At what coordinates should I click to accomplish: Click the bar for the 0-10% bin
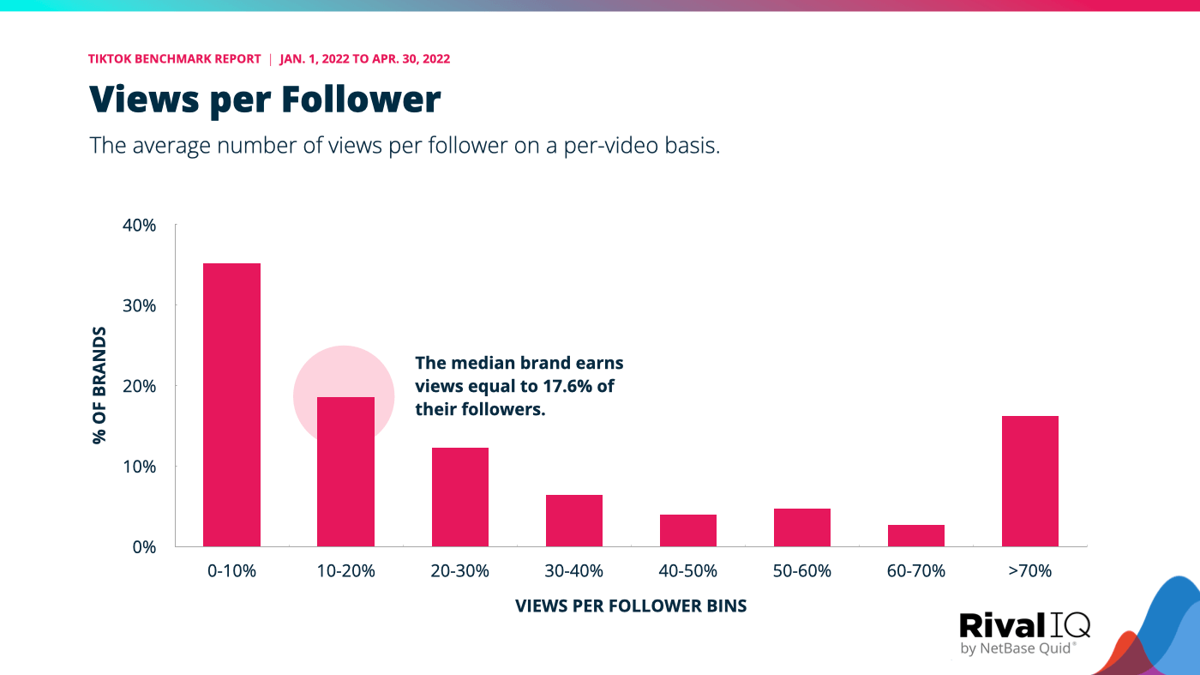click(231, 405)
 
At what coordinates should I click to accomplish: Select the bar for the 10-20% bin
click(345, 472)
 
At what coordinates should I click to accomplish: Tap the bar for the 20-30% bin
click(460, 497)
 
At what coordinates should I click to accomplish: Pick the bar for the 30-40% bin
click(574, 521)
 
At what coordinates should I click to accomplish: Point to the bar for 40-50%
click(688, 530)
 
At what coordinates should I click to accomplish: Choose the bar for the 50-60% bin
click(802, 527)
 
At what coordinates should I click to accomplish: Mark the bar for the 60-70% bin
click(916, 535)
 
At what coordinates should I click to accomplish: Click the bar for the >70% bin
click(1030, 481)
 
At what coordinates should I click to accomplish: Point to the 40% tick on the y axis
click(139, 226)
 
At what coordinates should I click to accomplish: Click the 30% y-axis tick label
click(139, 305)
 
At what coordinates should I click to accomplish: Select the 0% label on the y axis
click(143, 546)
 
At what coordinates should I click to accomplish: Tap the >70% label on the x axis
click(1030, 571)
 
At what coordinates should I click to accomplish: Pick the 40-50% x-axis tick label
click(688, 571)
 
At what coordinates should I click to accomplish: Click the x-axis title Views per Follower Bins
click(631, 606)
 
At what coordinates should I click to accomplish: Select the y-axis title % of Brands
click(99, 385)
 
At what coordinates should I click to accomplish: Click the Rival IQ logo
click(1024, 633)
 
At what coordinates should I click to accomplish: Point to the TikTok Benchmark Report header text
click(174, 59)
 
